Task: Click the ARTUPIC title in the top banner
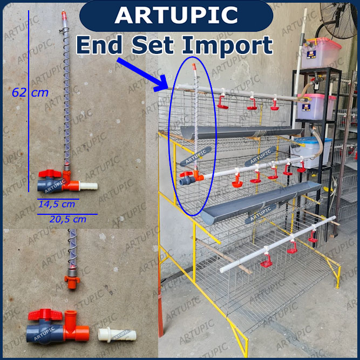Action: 176,15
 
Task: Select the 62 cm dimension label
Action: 30,92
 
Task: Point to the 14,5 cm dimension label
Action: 57,204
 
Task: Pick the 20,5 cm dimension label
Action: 68,219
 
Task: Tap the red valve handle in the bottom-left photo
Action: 45,314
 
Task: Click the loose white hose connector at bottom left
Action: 117,335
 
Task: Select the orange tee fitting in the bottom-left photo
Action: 75,326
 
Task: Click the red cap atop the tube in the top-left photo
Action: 64,15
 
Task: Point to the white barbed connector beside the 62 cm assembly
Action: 89,186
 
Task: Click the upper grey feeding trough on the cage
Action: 241,132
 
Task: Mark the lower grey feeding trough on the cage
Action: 261,202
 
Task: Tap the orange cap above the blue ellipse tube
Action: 194,66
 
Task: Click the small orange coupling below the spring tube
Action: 72,282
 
